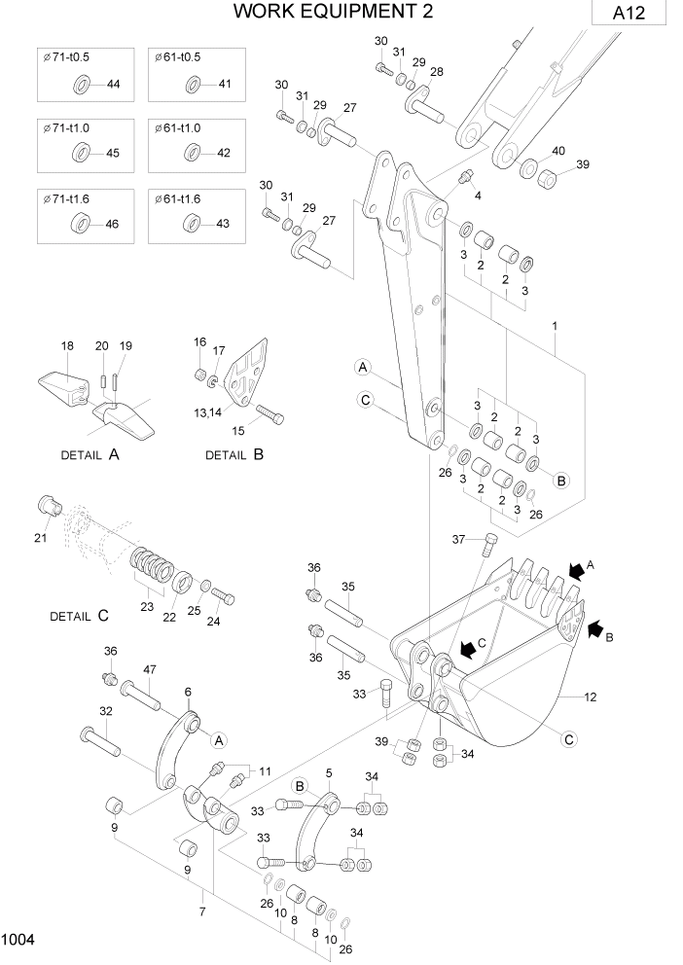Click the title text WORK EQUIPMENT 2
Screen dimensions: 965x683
pos(319,11)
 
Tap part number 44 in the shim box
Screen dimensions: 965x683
pos(113,85)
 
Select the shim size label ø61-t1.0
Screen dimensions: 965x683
pos(177,128)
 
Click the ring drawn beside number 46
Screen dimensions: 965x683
pos(79,224)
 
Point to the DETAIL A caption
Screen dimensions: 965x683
pos(90,454)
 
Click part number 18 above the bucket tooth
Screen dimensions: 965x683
pos(67,346)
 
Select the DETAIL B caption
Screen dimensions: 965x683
pos(234,454)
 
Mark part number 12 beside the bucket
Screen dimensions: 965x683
pos(590,697)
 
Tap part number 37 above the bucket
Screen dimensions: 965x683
pos(459,539)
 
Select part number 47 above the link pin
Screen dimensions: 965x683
pos(150,669)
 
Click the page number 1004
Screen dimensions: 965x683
pos(18,940)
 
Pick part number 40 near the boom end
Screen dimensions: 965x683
pos(558,151)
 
